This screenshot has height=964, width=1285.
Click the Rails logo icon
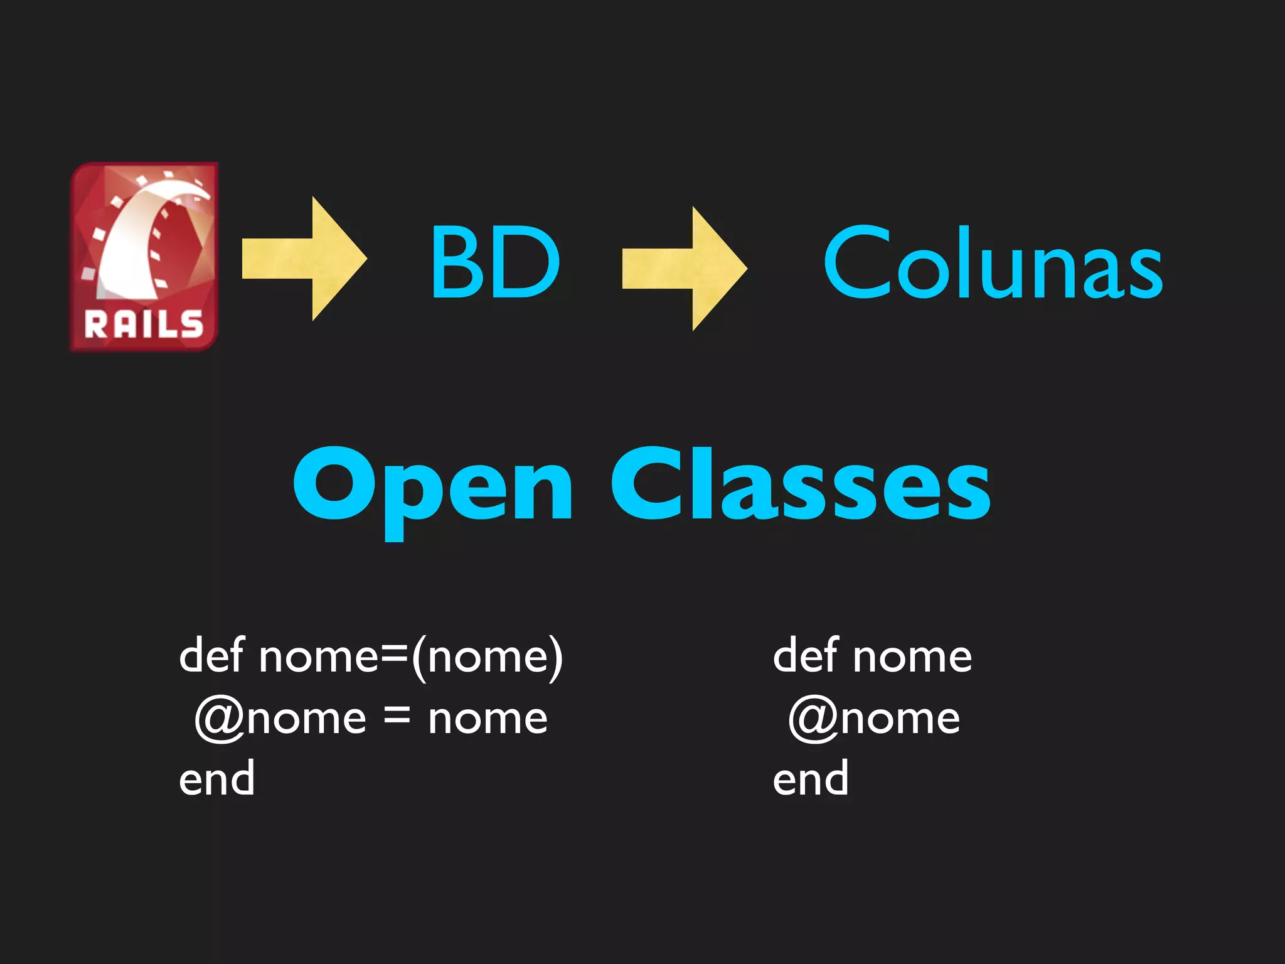click(x=144, y=257)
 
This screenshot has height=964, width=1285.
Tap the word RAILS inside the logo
click(x=144, y=325)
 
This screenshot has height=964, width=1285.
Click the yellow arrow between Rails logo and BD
click(x=304, y=259)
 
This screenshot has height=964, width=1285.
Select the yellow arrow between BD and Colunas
click(x=685, y=268)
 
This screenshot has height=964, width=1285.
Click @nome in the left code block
click(x=280, y=718)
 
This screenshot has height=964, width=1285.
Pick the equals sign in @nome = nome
click(x=397, y=717)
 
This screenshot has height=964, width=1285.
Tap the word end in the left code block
click(x=216, y=779)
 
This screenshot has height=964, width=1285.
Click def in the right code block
click(x=805, y=656)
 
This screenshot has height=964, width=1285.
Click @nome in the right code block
click(x=874, y=718)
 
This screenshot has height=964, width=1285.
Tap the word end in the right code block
click(x=810, y=779)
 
